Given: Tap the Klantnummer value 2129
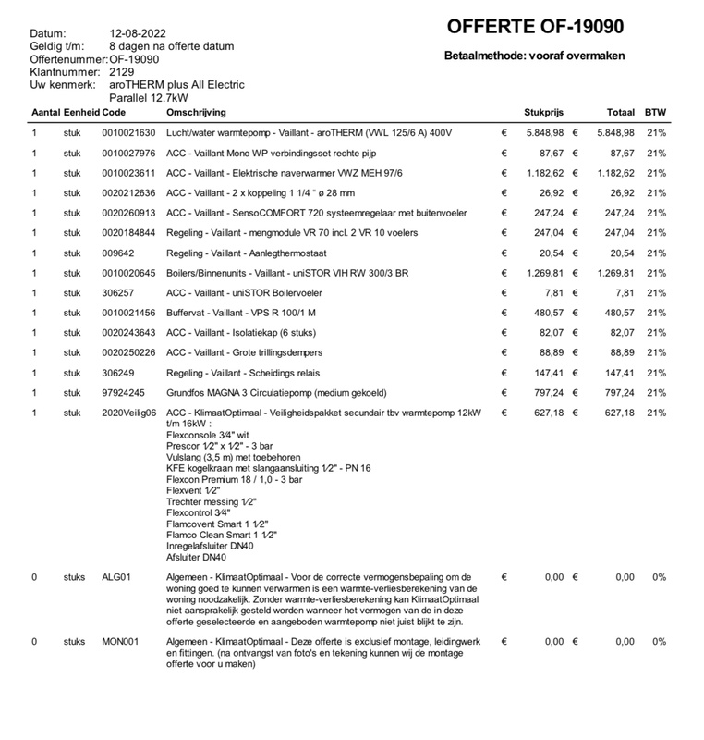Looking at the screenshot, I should pyautogui.click(x=122, y=71).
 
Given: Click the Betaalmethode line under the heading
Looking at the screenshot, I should pyautogui.click(x=534, y=55).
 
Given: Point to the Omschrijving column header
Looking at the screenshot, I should pyautogui.click(x=196, y=112).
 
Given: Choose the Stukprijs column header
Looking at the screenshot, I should pyautogui.click(x=543, y=112).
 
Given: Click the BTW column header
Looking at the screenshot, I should pyautogui.click(x=655, y=112).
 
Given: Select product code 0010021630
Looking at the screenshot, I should pyautogui.click(x=128, y=133).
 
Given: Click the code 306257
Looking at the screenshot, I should pyautogui.click(x=117, y=293).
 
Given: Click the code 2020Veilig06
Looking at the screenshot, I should pyautogui.click(x=129, y=413).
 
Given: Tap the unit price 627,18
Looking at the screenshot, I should pyautogui.click(x=549, y=413).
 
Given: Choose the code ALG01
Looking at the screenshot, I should pyautogui.click(x=116, y=577).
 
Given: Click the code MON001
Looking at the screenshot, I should pyautogui.click(x=120, y=641).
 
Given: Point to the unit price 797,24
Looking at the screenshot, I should pyautogui.click(x=549, y=393).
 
